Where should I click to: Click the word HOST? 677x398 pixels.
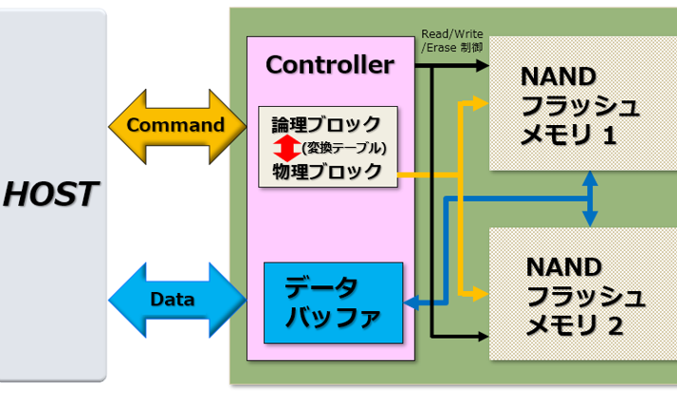[50, 195]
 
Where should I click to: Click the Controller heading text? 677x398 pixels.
[329, 65]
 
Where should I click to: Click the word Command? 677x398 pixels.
[175, 125]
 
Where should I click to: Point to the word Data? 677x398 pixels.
[173, 299]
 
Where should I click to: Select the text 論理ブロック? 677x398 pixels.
[326, 124]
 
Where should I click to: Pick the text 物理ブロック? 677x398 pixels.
[326, 172]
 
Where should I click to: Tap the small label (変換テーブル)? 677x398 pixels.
[341, 148]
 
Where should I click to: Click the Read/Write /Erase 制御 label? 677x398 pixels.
[453, 41]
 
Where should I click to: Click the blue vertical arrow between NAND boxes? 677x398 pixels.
[591, 199]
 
